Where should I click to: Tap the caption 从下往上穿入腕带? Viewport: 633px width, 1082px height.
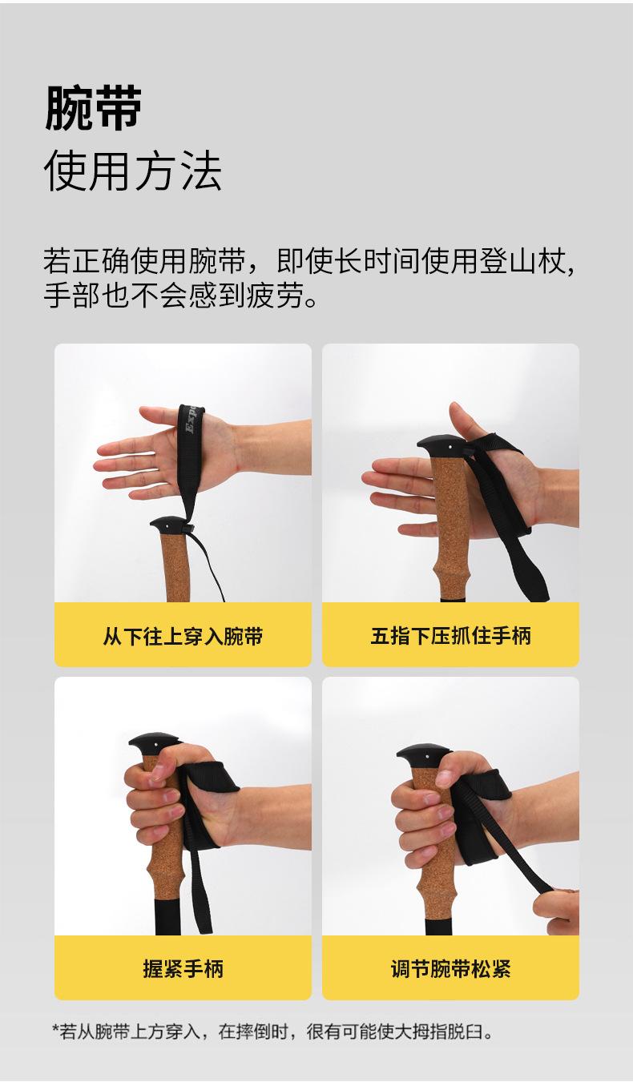[x=183, y=637]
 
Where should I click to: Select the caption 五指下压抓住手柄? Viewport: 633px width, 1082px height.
[x=450, y=637]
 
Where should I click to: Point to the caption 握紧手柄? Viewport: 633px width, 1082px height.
[x=183, y=969]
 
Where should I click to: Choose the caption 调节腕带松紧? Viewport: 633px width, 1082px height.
[x=450, y=969]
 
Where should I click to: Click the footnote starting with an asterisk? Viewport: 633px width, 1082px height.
[x=272, y=1032]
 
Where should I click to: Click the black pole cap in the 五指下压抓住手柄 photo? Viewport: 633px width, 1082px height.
[x=438, y=444]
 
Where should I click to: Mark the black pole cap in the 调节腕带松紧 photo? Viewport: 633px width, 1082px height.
[x=424, y=756]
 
